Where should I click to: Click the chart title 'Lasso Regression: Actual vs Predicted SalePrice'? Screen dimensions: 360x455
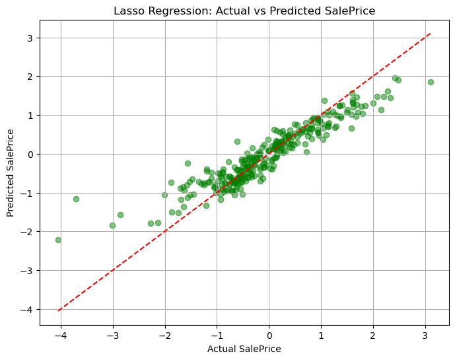pyautogui.click(x=244, y=11)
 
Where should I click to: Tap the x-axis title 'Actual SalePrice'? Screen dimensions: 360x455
pyautogui.click(x=244, y=349)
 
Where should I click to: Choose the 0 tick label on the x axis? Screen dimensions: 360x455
pyautogui.click(x=269, y=336)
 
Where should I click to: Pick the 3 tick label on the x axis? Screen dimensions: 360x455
pyautogui.click(x=425, y=336)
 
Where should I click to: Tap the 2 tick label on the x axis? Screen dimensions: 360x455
pyautogui.click(x=373, y=336)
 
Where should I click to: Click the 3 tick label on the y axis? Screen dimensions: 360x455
pyautogui.click(x=30, y=38)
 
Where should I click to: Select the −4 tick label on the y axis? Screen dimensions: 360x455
pyautogui.click(x=28, y=309)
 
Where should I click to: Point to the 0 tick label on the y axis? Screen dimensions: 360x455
pyautogui.click(x=30, y=154)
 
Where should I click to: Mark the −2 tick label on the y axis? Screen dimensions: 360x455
pyautogui.click(x=28, y=232)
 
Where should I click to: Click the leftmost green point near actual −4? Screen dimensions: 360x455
pyautogui.click(x=58, y=240)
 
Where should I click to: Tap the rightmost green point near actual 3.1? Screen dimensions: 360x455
pyautogui.click(x=431, y=82)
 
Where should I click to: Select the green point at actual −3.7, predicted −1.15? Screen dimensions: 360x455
pyautogui.click(x=76, y=199)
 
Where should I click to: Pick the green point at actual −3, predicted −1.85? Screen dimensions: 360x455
pyautogui.click(x=112, y=225)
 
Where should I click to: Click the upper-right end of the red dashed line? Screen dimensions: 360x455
pyautogui.click(x=431, y=33)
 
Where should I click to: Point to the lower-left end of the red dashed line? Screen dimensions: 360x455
pyautogui.click(x=59, y=310)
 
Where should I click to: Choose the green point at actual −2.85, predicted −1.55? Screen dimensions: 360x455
pyautogui.click(x=120, y=215)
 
